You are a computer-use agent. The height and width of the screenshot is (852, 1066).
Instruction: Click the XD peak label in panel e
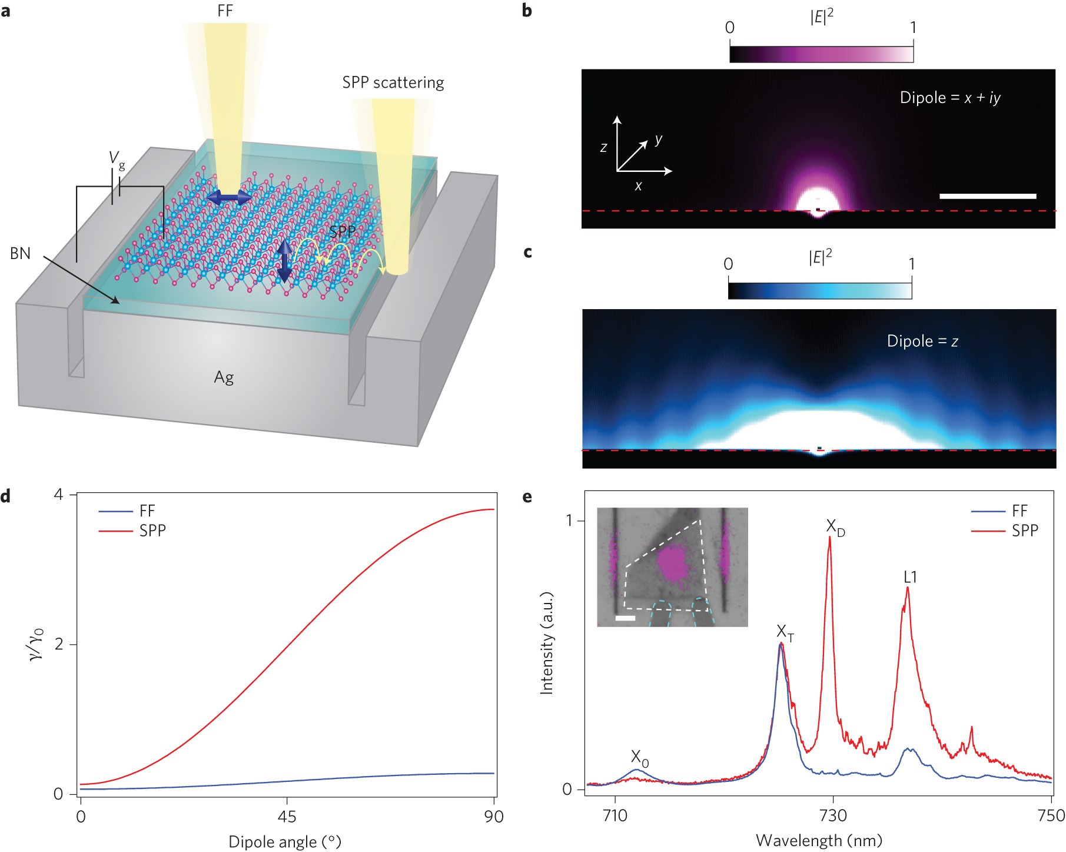pyautogui.click(x=835, y=528)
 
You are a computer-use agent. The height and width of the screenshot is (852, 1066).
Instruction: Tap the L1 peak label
pyautogui.click(x=910, y=577)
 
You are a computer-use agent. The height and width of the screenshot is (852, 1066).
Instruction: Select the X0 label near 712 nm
pyautogui.click(x=639, y=758)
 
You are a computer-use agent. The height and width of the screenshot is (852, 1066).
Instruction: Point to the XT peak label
pyautogui.click(x=785, y=633)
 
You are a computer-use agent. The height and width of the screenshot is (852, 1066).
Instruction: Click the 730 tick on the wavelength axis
pyautogui.click(x=833, y=815)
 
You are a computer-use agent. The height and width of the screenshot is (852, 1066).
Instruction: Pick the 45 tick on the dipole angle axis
pyautogui.click(x=287, y=817)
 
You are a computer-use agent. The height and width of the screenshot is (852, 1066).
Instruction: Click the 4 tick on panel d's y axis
pyautogui.click(x=58, y=495)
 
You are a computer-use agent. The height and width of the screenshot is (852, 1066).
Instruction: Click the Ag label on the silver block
pyautogui.click(x=224, y=377)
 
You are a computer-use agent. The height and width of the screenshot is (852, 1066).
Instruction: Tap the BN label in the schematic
pyautogui.click(x=20, y=254)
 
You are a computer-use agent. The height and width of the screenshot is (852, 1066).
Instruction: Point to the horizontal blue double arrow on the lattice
pyautogui.click(x=229, y=198)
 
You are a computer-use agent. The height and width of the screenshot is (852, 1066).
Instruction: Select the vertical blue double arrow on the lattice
pyautogui.click(x=285, y=261)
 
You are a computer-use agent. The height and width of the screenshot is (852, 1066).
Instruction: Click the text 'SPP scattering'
pyautogui.click(x=393, y=82)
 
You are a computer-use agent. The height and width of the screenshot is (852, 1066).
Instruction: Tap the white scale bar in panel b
pyautogui.click(x=987, y=196)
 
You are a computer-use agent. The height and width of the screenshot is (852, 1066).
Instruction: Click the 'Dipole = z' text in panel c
pyautogui.click(x=922, y=342)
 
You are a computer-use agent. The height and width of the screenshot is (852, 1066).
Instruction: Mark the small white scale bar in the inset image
pyautogui.click(x=625, y=618)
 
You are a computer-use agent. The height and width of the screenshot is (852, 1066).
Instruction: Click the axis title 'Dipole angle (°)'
pyautogui.click(x=285, y=842)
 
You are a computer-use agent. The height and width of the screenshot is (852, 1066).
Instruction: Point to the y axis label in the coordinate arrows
pyautogui.click(x=658, y=140)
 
